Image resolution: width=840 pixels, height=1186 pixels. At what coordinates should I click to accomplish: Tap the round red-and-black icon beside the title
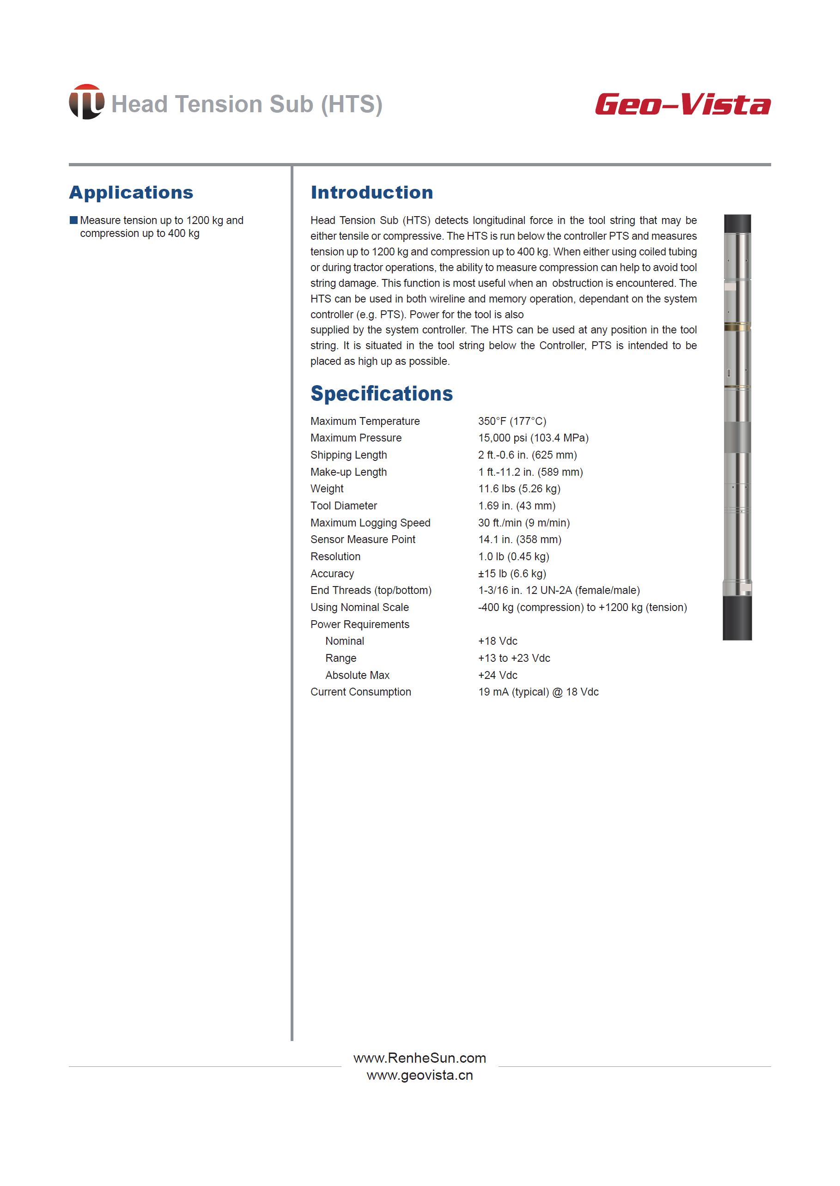pos(86,102)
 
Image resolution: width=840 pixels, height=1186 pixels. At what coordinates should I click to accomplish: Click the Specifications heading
pos(381,393)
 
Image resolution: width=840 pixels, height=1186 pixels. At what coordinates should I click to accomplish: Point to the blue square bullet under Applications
pos(73,220)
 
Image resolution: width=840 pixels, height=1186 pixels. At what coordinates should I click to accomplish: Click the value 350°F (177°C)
pos(511,421)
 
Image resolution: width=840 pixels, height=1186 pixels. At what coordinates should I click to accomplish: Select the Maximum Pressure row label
pos(356,438)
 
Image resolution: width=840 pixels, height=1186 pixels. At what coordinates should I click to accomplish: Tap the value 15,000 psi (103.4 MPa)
pos(533,438)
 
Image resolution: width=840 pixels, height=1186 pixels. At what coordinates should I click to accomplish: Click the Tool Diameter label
pos(343,506)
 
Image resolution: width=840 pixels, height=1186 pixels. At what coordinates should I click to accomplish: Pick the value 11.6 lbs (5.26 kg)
pos(519,489)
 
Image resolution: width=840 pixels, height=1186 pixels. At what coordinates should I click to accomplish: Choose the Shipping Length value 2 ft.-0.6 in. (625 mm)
pos(527,455)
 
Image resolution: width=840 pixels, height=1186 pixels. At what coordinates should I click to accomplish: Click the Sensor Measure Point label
pos(363,539)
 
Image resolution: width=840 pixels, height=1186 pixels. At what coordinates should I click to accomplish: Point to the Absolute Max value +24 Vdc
pos(497,675)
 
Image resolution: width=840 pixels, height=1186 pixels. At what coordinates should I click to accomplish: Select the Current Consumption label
pos(360,692)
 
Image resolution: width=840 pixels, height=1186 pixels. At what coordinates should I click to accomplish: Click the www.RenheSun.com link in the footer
pos(420,1058)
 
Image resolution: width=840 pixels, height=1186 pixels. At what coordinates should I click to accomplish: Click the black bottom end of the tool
pos(737,618)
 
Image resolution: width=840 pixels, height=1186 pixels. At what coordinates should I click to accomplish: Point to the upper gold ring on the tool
pos(737,326)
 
